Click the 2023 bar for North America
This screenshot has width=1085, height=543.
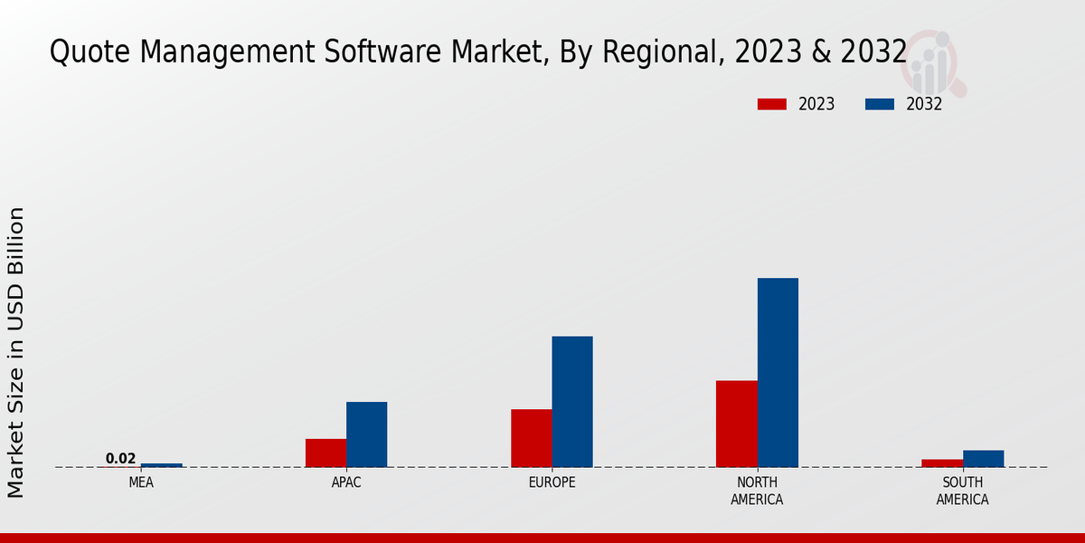click(736, 424)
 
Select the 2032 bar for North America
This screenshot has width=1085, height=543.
click(778, 372)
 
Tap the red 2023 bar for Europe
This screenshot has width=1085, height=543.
click(531, 438)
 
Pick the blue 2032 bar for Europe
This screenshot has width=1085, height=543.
click(572, 402)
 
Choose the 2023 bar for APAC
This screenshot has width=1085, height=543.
click(325, 452)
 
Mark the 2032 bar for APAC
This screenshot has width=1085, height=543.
click(366, 434)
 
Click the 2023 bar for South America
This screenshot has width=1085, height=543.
click(942, 463)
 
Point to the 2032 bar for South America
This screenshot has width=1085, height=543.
click(983, 459)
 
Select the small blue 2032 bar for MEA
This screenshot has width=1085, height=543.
click(162, 465)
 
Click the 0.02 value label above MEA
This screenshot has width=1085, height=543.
click(120, 459)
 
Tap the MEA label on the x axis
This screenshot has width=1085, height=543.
click(141, 482)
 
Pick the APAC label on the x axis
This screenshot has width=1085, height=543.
click(346, 482)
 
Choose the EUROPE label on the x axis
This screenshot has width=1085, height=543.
click(552, 482)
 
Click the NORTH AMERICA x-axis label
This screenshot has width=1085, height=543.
click(757, 491)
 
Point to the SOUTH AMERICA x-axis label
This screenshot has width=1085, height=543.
click(962, 491)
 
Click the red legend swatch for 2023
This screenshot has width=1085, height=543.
click(771, 104)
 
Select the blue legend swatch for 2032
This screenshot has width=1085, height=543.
click(879, 104)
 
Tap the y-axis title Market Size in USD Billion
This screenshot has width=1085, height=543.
click(16, 352)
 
